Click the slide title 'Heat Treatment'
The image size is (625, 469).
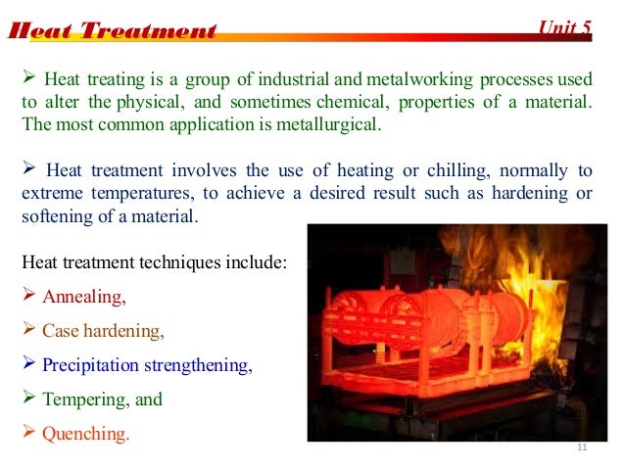(112, 30)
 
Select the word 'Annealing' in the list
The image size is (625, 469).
(85, 297)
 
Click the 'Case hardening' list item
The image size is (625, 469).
(103, 331)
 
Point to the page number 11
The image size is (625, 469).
(583, 448)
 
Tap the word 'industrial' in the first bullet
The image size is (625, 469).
(302, 77)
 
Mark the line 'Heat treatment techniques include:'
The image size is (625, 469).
(154, 262)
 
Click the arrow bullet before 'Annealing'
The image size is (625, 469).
(28, 296)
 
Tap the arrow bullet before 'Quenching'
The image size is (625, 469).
(28, 433)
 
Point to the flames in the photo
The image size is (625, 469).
(529, 274)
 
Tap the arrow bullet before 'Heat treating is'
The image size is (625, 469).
(28, 76)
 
